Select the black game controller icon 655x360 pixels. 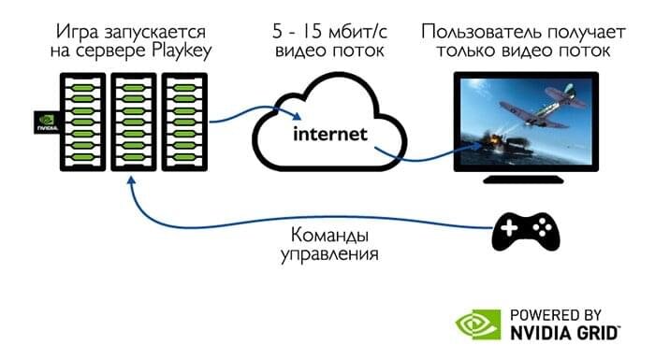coord(524,229)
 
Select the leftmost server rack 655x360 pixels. coord(81,124)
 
